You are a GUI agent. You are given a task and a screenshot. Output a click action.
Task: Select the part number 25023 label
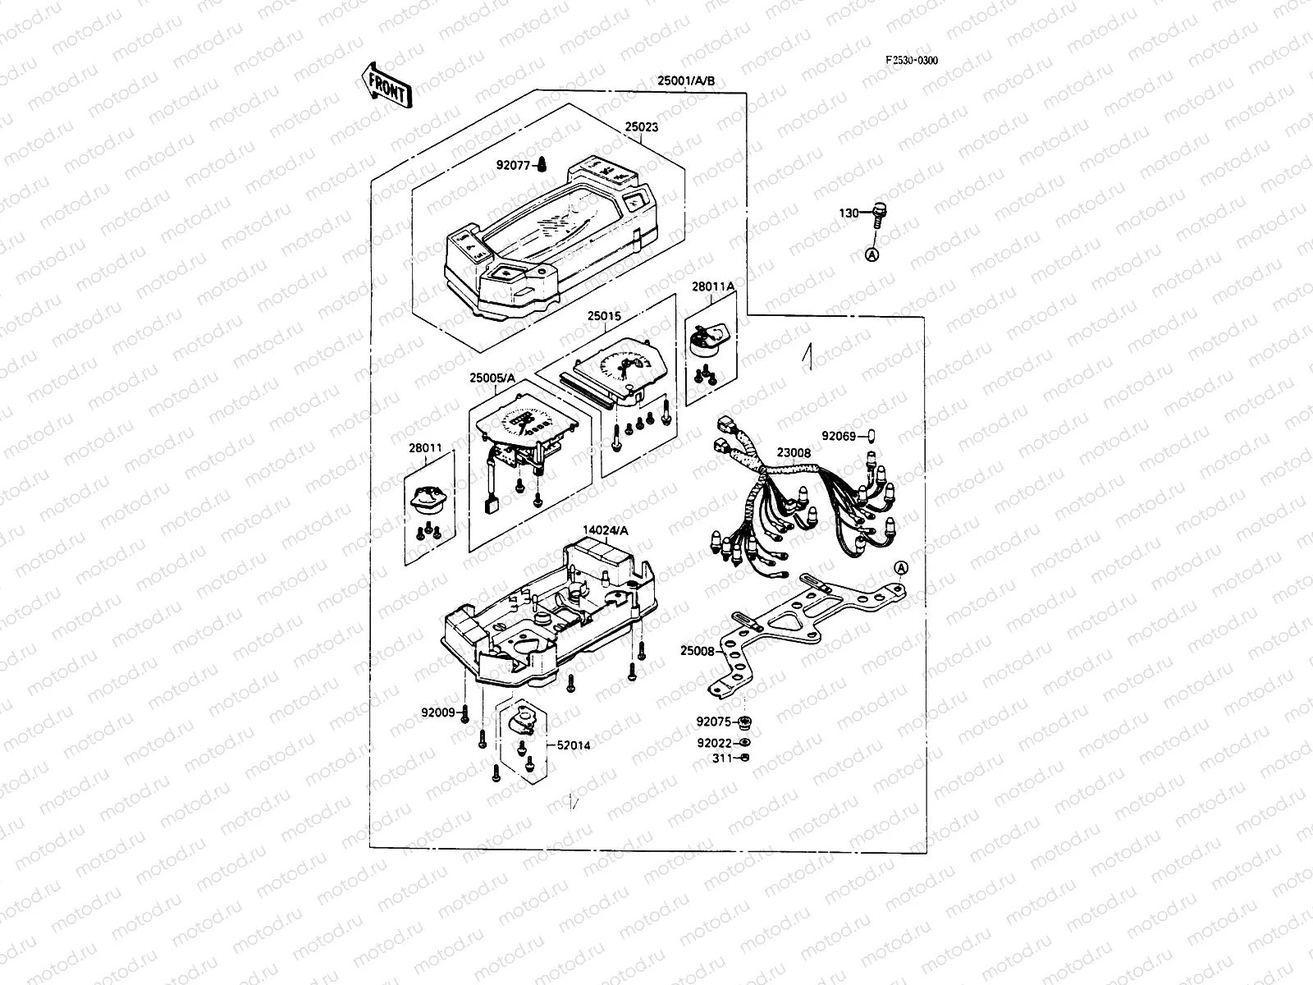pyautogui.click(x=641, y=128)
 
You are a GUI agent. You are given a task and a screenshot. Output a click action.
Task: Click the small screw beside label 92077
pyautogui.click(x=542, y=166)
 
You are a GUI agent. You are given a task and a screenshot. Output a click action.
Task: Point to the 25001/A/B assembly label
pyautogui.click(x=686, y=80)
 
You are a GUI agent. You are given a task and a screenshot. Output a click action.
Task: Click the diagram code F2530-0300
pyautogui.click(x=911, y=60)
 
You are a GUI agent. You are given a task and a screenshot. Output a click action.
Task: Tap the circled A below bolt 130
pyautogui.click(x=873, y=255)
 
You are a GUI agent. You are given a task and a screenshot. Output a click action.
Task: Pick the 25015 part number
pyautogui.click(x=603, y=315)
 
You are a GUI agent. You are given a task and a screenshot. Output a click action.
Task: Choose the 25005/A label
pyautogui.click(x=492, y=378)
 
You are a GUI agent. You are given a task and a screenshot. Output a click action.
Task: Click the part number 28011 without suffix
pyautogui.click(x=425, y=448)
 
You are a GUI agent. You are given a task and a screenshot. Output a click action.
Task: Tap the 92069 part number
pyautogui.click(x=839, y=436)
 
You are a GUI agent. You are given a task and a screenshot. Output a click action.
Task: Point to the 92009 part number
pyautogui.click(x=437, y=712)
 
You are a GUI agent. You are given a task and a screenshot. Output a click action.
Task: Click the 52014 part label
pyautogui.click(x=573, y=745)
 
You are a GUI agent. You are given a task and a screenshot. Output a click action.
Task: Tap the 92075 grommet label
pyautogui.click(x=713, y=722)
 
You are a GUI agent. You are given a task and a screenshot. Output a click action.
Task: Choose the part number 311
pyautogui.click(x=722, y=758)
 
